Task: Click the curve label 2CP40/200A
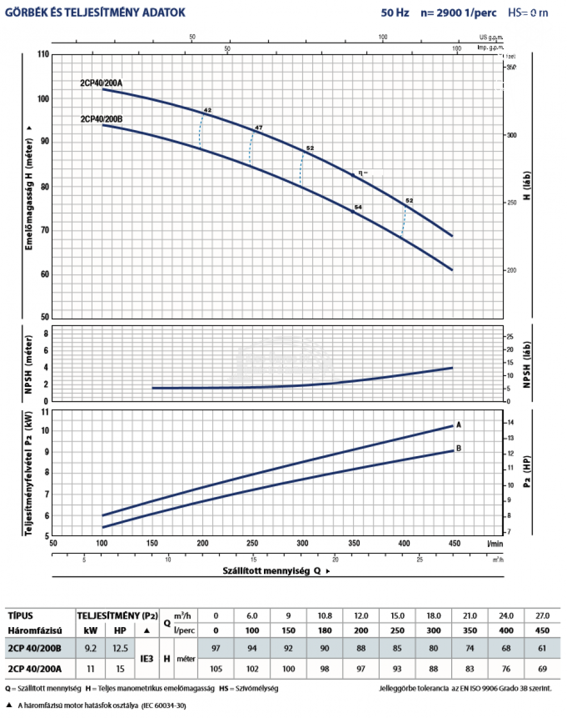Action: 101,83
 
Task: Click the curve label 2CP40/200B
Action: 101,119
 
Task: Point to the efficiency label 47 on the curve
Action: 259,128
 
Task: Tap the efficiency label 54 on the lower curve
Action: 358,207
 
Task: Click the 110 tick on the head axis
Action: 43,55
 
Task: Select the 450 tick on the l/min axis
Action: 454,543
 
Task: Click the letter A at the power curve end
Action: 459,425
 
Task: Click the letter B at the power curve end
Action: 459,448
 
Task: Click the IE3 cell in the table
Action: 146,658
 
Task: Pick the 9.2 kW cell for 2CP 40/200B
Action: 90,648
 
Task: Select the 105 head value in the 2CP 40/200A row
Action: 216,669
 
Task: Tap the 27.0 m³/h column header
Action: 542,616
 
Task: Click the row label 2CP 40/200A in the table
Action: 35,669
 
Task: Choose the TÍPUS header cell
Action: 20,616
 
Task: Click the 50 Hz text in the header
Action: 395,12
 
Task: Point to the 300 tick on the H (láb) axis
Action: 511,135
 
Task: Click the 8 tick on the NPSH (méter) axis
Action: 46,334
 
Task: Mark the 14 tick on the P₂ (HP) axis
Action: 510,423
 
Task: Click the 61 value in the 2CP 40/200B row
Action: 542,648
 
